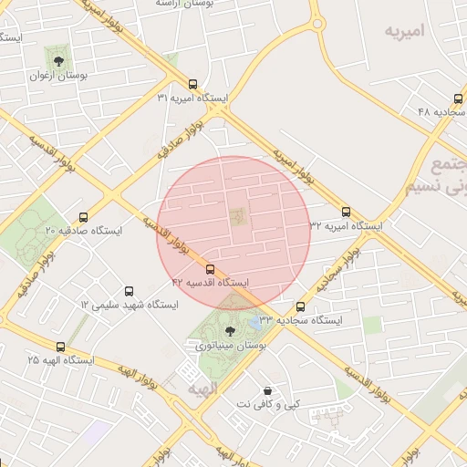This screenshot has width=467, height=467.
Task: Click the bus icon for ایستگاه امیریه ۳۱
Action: pos(192,83)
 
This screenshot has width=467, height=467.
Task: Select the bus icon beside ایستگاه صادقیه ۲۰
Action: pos(84,217)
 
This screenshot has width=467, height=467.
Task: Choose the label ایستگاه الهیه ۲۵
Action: pos(60,360)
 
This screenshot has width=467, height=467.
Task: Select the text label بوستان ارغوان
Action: pos(59,78)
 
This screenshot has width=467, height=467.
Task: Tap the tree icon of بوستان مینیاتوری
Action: pos(227,320)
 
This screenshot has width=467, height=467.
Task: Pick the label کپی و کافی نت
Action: pos(267,403)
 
